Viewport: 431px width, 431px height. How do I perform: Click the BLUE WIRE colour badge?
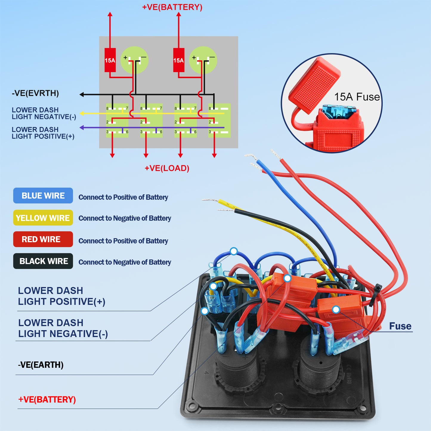click(43, 196)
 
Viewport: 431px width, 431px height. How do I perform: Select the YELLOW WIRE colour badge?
click(43, 218)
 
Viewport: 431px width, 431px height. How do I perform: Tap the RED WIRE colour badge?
click(43, 239)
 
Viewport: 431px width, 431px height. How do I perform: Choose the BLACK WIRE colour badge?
click(43, 261)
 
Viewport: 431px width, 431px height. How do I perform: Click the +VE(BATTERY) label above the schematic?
click(172, 7)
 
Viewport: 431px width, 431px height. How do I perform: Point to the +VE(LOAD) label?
click(167, 168)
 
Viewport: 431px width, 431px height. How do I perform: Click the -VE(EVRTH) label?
click(35, 93)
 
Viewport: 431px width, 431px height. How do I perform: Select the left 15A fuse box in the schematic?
click(110, 60)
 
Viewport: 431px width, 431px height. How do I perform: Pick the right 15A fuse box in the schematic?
click(179, 60)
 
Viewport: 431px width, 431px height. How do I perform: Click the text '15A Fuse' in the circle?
click(357, 97)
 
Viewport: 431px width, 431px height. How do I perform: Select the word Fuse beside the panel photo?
click(400, 326)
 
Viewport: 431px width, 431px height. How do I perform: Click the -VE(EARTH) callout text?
click(41, 365)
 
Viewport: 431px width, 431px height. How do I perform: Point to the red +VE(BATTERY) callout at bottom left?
click(47, 400)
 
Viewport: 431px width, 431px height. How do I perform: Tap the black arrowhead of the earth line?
click(81, 95)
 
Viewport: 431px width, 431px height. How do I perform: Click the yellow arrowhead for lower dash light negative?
click(82, 114)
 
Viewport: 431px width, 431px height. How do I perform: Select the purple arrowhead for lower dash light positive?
click(82, 128)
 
